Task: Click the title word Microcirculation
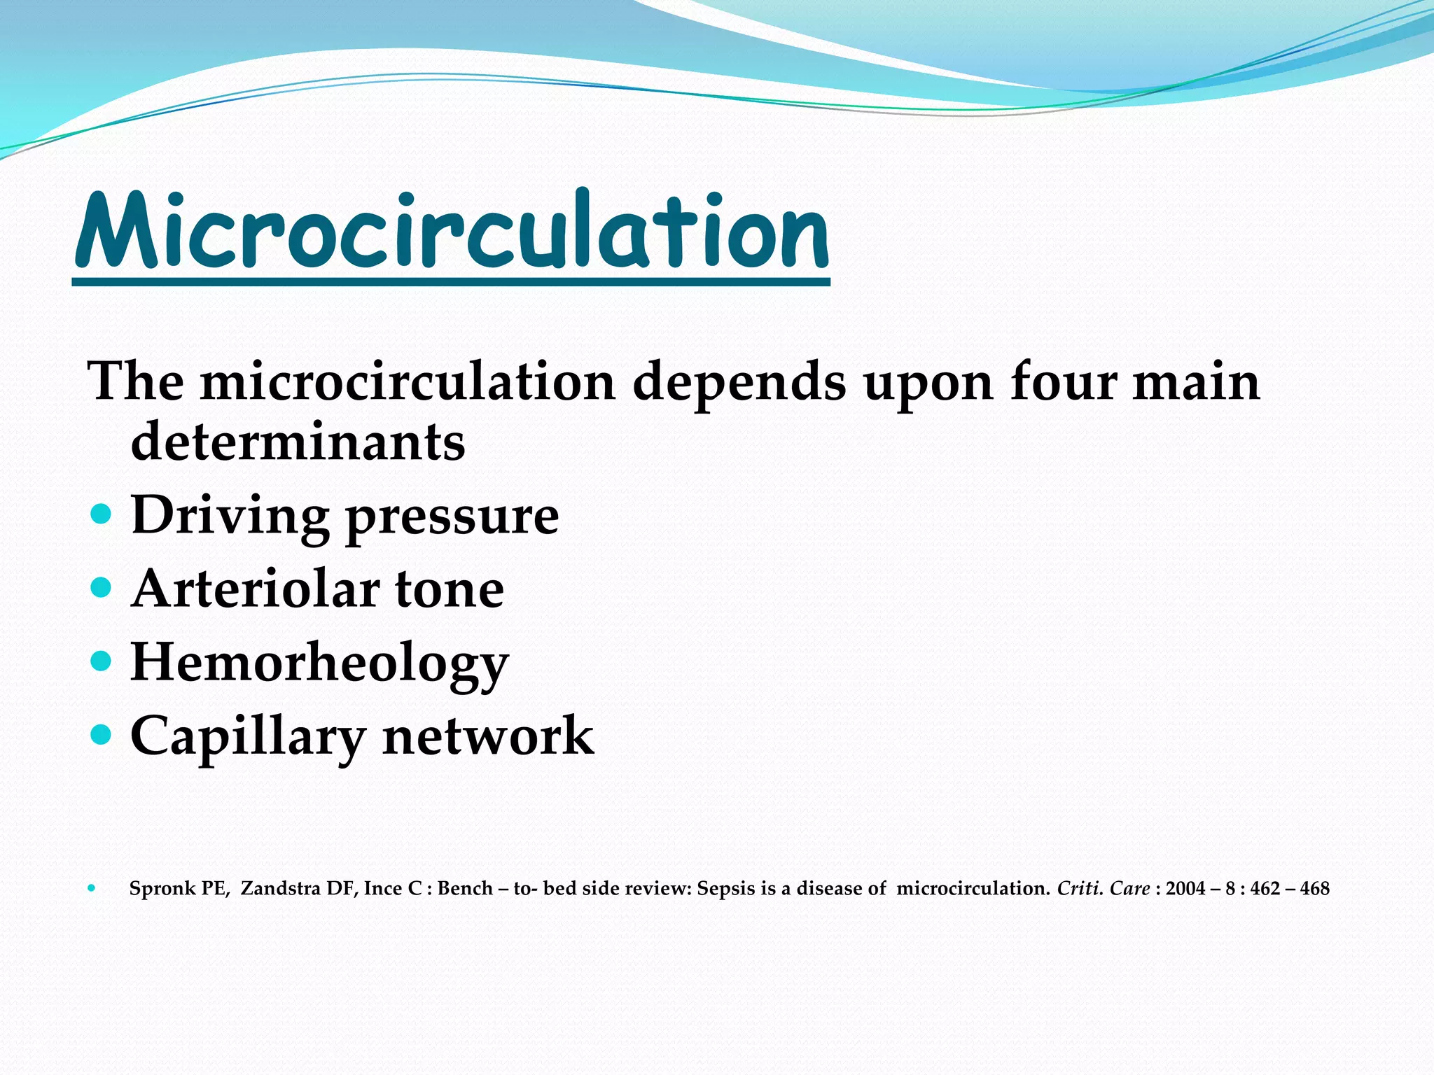452,232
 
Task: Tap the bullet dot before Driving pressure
102,515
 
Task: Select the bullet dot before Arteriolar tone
102,588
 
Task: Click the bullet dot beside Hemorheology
102,661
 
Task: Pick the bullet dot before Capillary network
102,734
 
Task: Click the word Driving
230,517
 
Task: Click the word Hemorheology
319,663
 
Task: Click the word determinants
298,442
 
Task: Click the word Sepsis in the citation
726,890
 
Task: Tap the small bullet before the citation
92,889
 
